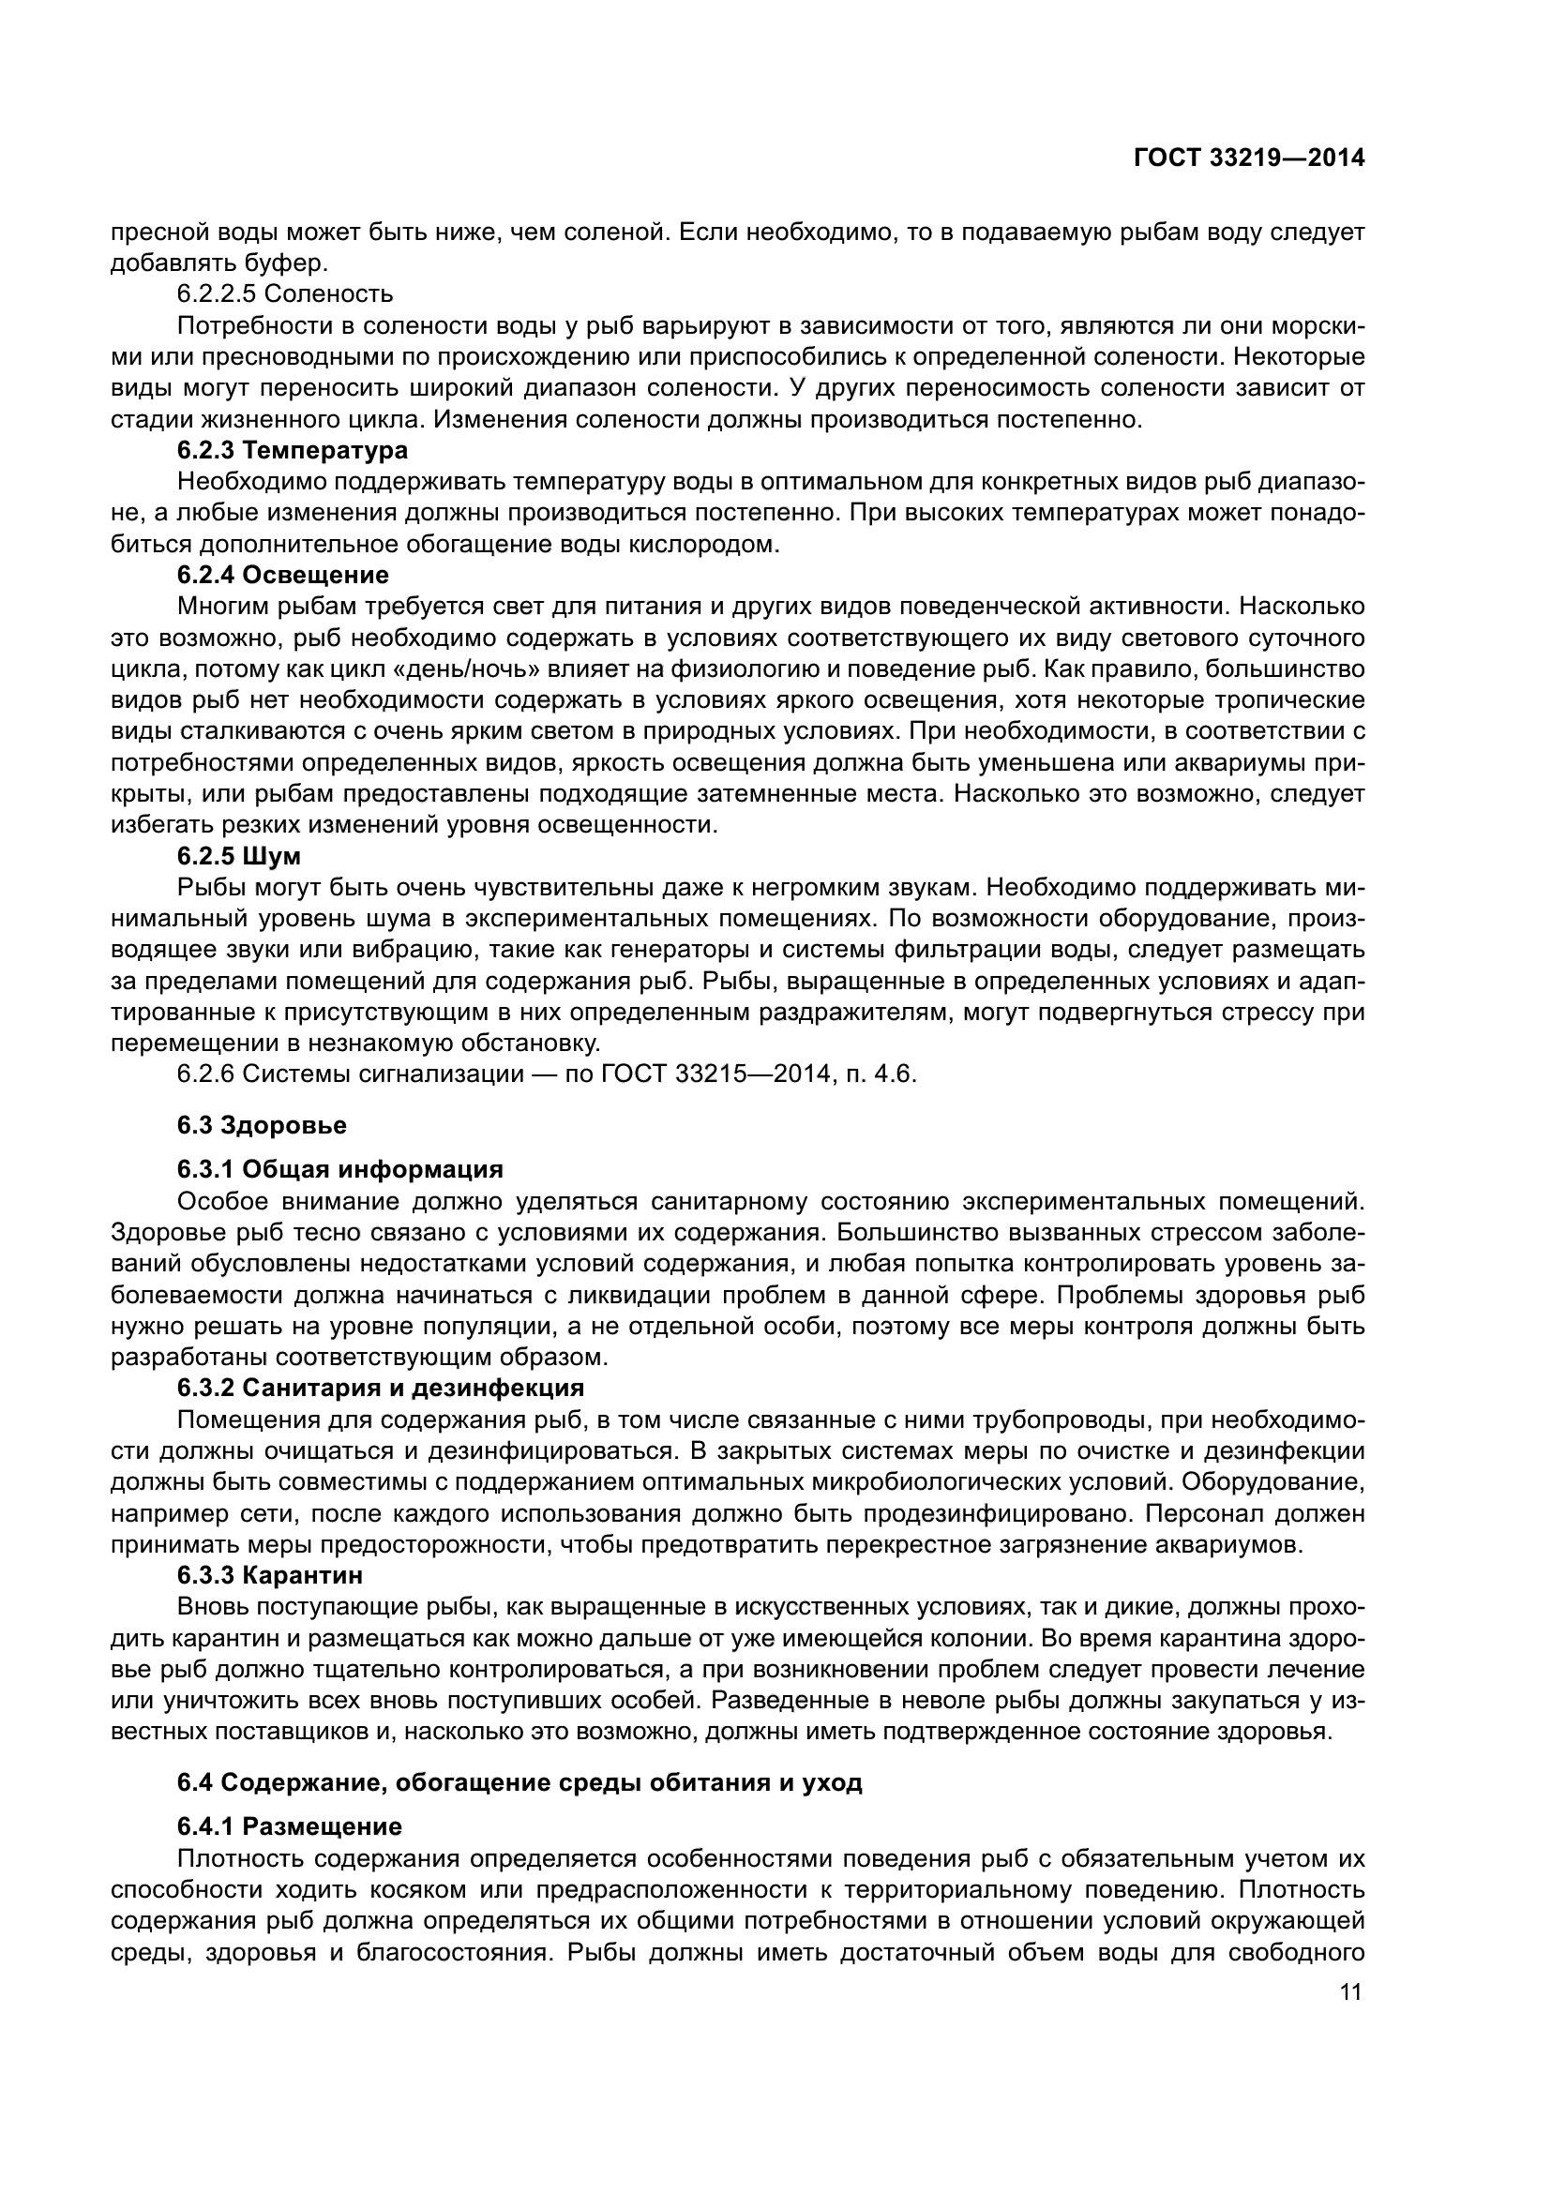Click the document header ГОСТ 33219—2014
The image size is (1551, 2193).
[1248, 158]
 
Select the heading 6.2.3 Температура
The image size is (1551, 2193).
[293, 450]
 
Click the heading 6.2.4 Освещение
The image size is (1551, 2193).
[282, 575]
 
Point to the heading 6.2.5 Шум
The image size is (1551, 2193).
[239, 855]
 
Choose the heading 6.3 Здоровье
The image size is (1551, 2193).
[261, 1125]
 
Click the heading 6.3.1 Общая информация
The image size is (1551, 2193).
[339, 1169]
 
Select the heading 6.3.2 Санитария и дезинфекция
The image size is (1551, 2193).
[380, 1387]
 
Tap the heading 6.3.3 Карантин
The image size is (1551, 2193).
[269, 1574]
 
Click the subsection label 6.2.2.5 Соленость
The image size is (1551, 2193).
[285, 293]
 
